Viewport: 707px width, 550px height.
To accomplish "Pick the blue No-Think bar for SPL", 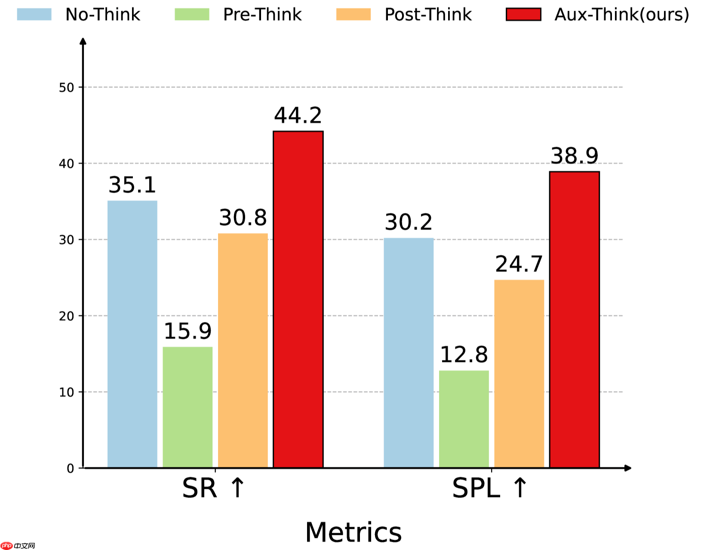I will (x=409, y=353).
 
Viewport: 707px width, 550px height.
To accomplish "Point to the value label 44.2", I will (x=298, y=115).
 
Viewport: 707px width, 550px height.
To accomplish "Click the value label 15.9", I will (x=188, y=331).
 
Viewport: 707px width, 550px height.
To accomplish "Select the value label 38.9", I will (x=575, y=156).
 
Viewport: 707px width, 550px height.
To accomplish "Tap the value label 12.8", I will (x=464, y=355).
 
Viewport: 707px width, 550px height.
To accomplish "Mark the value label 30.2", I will (x=409, y=222).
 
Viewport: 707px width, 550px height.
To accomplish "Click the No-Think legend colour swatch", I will (x=34, y=15).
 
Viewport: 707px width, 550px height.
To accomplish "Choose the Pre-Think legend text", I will (x=262, y=15).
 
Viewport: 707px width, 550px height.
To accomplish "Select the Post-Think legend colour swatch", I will (x=353, y=15).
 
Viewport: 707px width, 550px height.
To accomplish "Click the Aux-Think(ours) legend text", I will (x=622, y=15).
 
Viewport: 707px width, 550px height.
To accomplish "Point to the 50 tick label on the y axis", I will (x=67, y=88).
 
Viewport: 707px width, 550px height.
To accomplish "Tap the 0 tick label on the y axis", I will (x=71, y=468).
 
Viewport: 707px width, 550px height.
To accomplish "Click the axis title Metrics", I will (x=353, y=532).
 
